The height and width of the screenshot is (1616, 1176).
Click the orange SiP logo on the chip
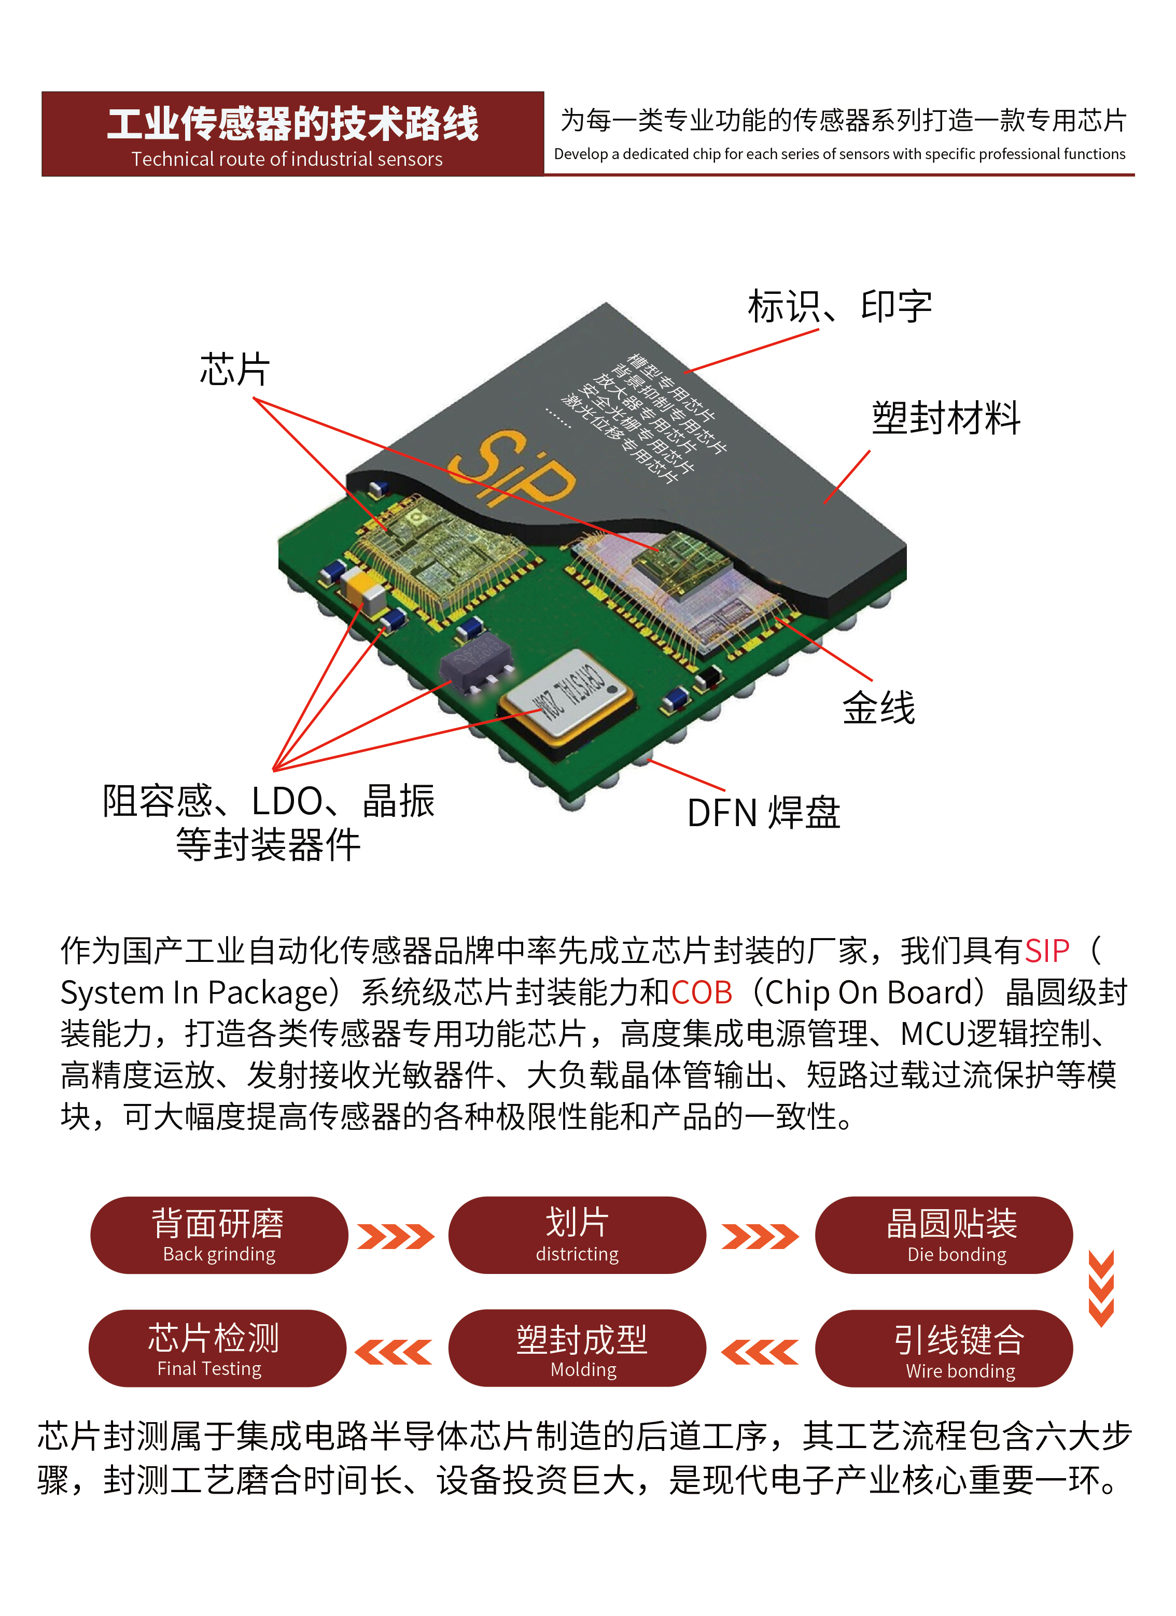[512, 470]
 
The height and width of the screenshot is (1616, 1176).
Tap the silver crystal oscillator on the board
[567, 694]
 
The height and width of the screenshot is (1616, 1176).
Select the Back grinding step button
[219, 1235]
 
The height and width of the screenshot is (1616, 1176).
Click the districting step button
[577, 1235]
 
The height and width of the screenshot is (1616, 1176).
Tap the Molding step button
[577, 1349]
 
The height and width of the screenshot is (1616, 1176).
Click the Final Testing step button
[217, 1349]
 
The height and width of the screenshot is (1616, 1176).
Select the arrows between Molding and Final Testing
[394, 1352]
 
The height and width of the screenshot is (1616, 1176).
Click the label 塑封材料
[946, 418]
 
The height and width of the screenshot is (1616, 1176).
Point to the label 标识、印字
[839, 306]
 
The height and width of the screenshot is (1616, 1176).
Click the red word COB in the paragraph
[702, 993]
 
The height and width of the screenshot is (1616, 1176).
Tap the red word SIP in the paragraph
[1046, 951]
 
